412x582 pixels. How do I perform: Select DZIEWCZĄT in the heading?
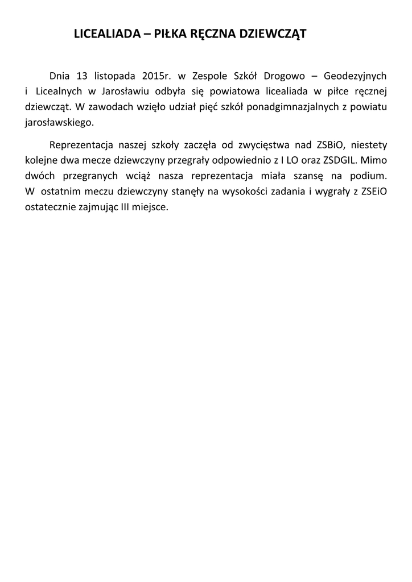click(272, 34)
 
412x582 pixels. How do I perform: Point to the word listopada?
click(114, 76)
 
